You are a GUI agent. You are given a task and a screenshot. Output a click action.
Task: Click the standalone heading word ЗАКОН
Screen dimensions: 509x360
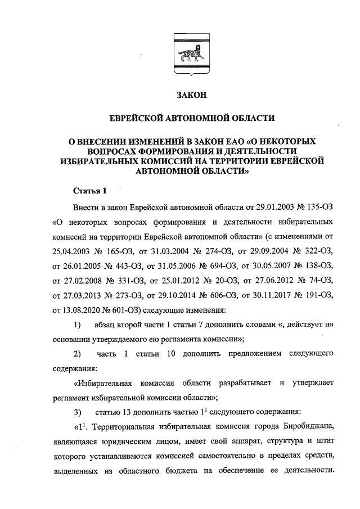(x=191, y=96)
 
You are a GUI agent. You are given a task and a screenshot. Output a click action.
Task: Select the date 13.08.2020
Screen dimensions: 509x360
(x=84, y=309)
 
